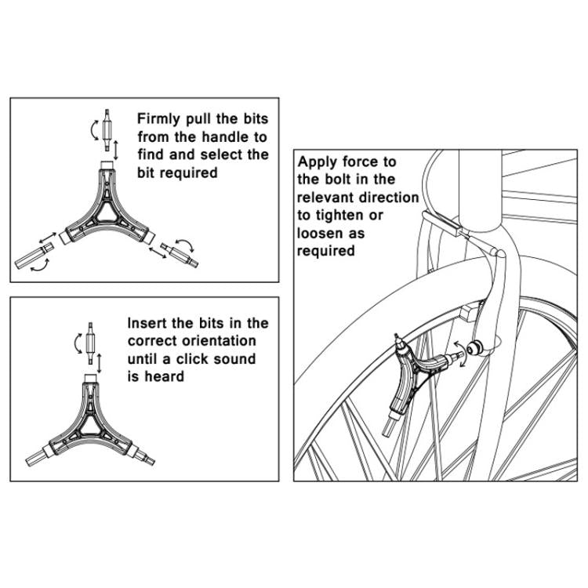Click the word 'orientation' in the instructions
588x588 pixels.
pos(216,341)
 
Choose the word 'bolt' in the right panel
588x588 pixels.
pos(338,180)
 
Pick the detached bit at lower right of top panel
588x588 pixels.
pos(179,253)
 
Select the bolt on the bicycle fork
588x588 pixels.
pos(475,348)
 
